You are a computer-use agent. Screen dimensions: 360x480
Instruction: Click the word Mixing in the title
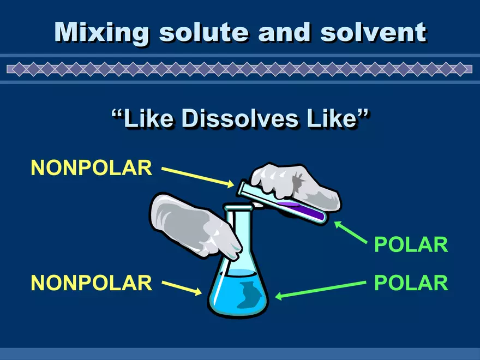click(x=101, y=33)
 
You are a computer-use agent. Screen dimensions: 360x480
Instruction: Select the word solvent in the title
click(x=373, y=33)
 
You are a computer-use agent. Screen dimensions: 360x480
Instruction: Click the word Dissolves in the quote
click(x=240, y=119)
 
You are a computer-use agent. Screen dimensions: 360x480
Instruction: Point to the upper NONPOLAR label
click(x=91, y=167)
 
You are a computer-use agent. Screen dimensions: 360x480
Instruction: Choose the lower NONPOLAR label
click(x=91, y=283)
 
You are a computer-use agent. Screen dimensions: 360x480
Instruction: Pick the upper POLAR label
click(x=411, y=245)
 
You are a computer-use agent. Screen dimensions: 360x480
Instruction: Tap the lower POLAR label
click(x=411, y=283)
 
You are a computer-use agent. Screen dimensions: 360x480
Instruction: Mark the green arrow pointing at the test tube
click(x=352, y=232)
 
